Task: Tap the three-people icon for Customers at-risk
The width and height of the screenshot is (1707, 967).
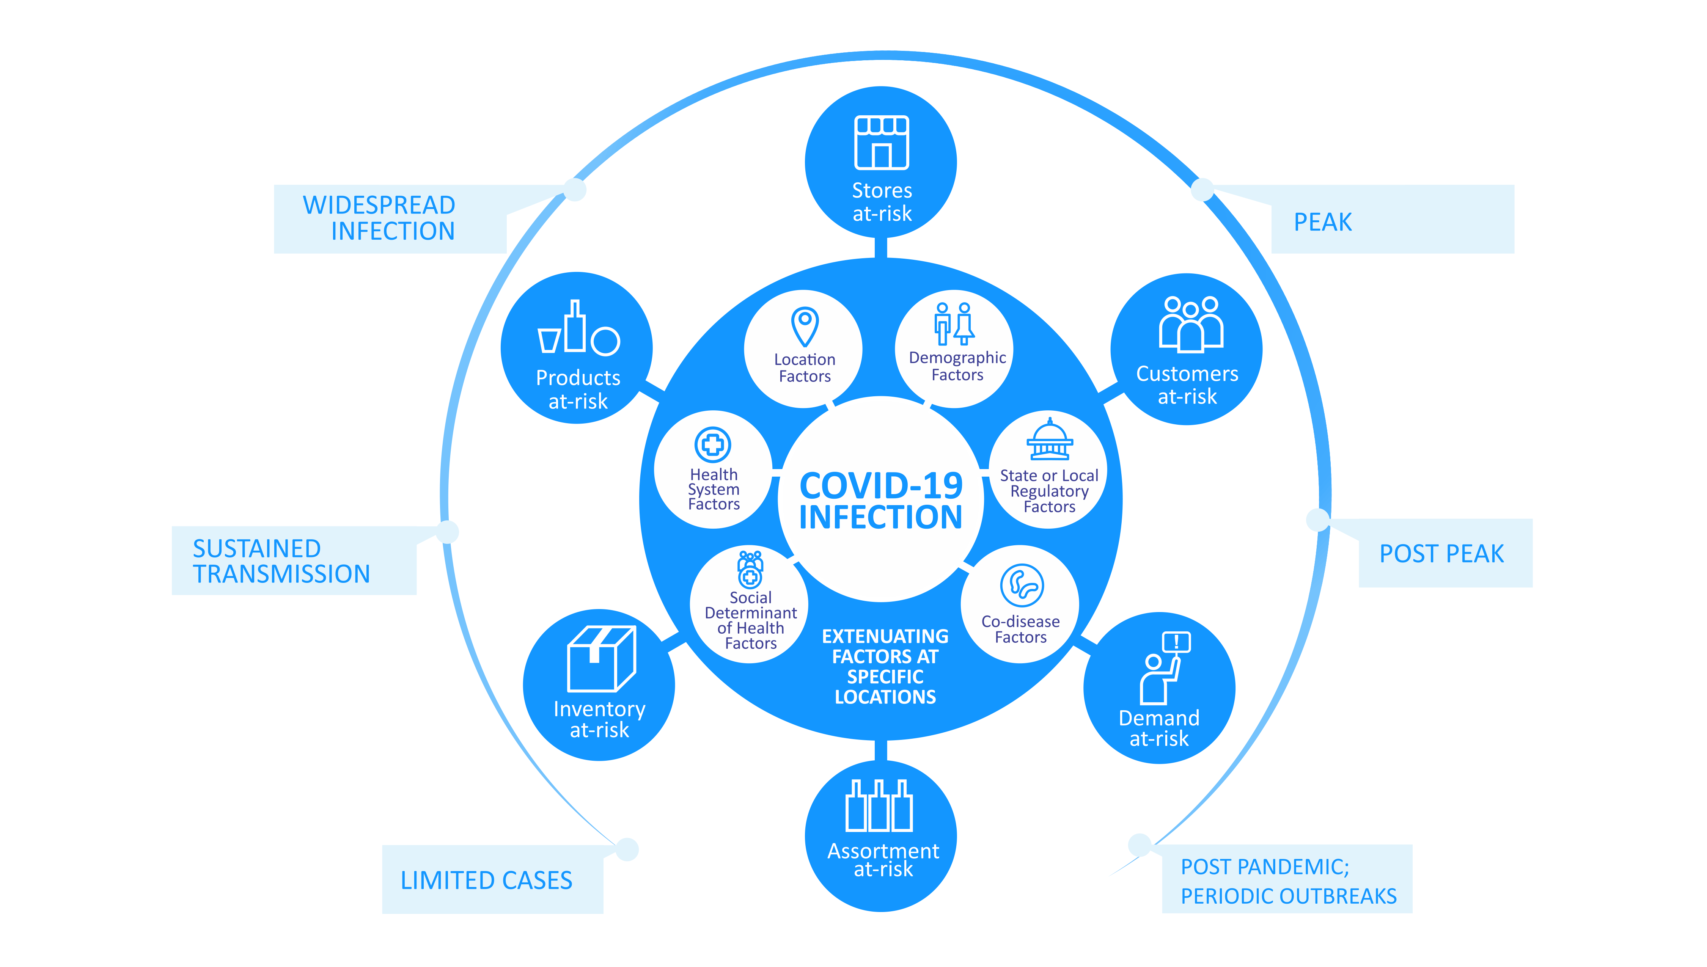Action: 1190,324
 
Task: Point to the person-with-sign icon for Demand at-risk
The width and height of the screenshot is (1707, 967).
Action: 1164,667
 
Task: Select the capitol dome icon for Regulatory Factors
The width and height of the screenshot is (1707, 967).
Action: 1050,439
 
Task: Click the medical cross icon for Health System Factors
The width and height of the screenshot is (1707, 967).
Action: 713,444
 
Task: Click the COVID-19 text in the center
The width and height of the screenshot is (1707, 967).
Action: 881,485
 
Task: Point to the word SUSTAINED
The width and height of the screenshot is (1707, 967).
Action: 256,549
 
